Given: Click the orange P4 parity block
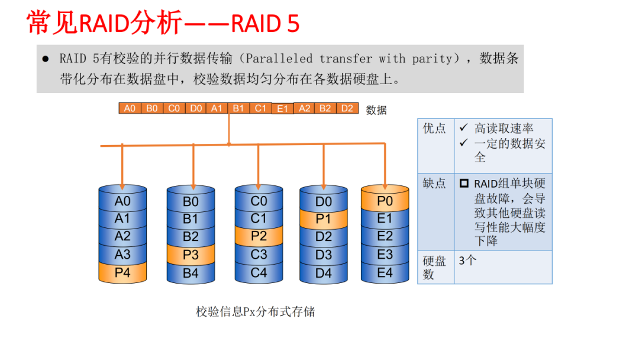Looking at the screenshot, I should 122,273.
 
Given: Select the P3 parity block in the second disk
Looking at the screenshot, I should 191,255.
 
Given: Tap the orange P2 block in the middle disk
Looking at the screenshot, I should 259,236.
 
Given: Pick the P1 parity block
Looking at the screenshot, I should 323,220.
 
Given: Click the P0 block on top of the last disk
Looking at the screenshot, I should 385,201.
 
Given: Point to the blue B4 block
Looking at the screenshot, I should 191,274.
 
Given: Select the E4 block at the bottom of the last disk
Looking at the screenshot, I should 385,273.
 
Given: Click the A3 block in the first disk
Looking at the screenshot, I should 122,255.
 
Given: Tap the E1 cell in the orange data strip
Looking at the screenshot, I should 282,109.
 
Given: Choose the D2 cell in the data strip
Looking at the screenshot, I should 347,108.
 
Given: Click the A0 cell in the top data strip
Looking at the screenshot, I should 130,108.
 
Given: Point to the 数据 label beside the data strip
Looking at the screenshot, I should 376,110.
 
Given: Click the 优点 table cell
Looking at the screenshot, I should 435,129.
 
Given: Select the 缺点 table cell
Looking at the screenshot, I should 435,184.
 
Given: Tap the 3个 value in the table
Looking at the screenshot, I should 467,261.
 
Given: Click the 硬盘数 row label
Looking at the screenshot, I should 434,267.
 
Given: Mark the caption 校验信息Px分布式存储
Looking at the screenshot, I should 256,311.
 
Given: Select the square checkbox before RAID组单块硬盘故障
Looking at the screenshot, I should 464,184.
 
